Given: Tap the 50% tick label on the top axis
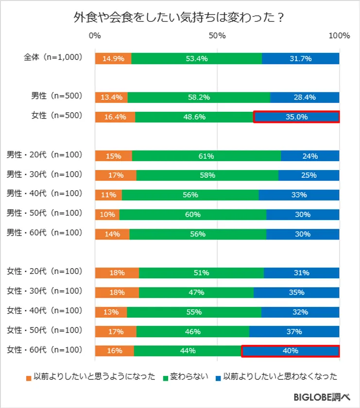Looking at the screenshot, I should [217, 36].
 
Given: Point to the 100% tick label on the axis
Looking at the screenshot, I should [339, 36].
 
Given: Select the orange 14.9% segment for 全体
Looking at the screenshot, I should [113, 58].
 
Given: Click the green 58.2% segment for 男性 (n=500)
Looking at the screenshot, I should [199, 97].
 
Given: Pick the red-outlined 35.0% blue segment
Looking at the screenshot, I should [296, 117].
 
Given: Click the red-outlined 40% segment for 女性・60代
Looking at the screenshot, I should [290, 350].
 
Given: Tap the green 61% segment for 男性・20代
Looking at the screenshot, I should [206, 156].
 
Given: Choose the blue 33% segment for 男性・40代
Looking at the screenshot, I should [299, 195].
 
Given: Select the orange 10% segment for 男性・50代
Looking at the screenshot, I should [107, 214].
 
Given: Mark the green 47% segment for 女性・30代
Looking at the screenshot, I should [196, 292].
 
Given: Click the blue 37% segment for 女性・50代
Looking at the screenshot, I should [294, 331].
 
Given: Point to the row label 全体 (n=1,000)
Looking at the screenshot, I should [53, 57].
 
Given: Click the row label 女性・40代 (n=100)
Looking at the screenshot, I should [44, 310].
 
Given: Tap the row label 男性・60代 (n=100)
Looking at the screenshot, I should [44, 233].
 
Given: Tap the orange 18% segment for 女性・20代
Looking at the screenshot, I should [117, 273].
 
